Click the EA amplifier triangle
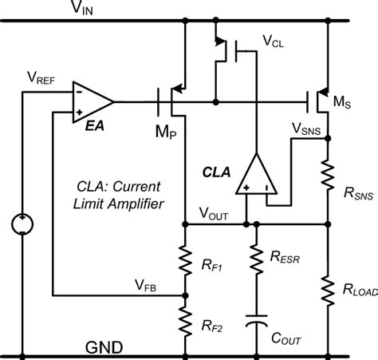90,101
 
